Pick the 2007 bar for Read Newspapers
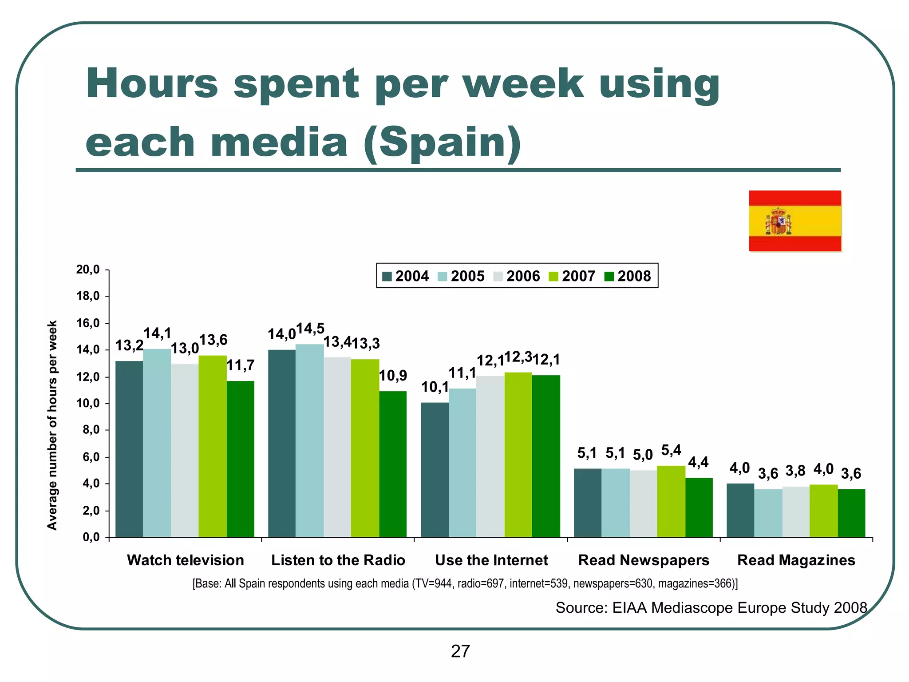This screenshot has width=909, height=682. [x=671, y=501]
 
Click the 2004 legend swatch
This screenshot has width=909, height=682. [x=387, y=277]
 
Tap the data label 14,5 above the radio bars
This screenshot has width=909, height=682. [x=310, y=329]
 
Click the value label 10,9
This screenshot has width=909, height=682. [x=393, y=376]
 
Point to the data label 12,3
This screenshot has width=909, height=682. [x=518, y=357]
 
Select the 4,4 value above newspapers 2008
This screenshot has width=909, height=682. [x=698, y=463]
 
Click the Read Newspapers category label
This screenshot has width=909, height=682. [x=644, y=560]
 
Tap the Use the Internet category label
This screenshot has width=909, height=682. [x=491, y=560]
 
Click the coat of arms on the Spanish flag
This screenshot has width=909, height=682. [x=778, y=221]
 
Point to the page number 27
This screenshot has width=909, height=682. [x=460, y=651]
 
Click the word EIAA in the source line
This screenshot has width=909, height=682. [x=629, y=607]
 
